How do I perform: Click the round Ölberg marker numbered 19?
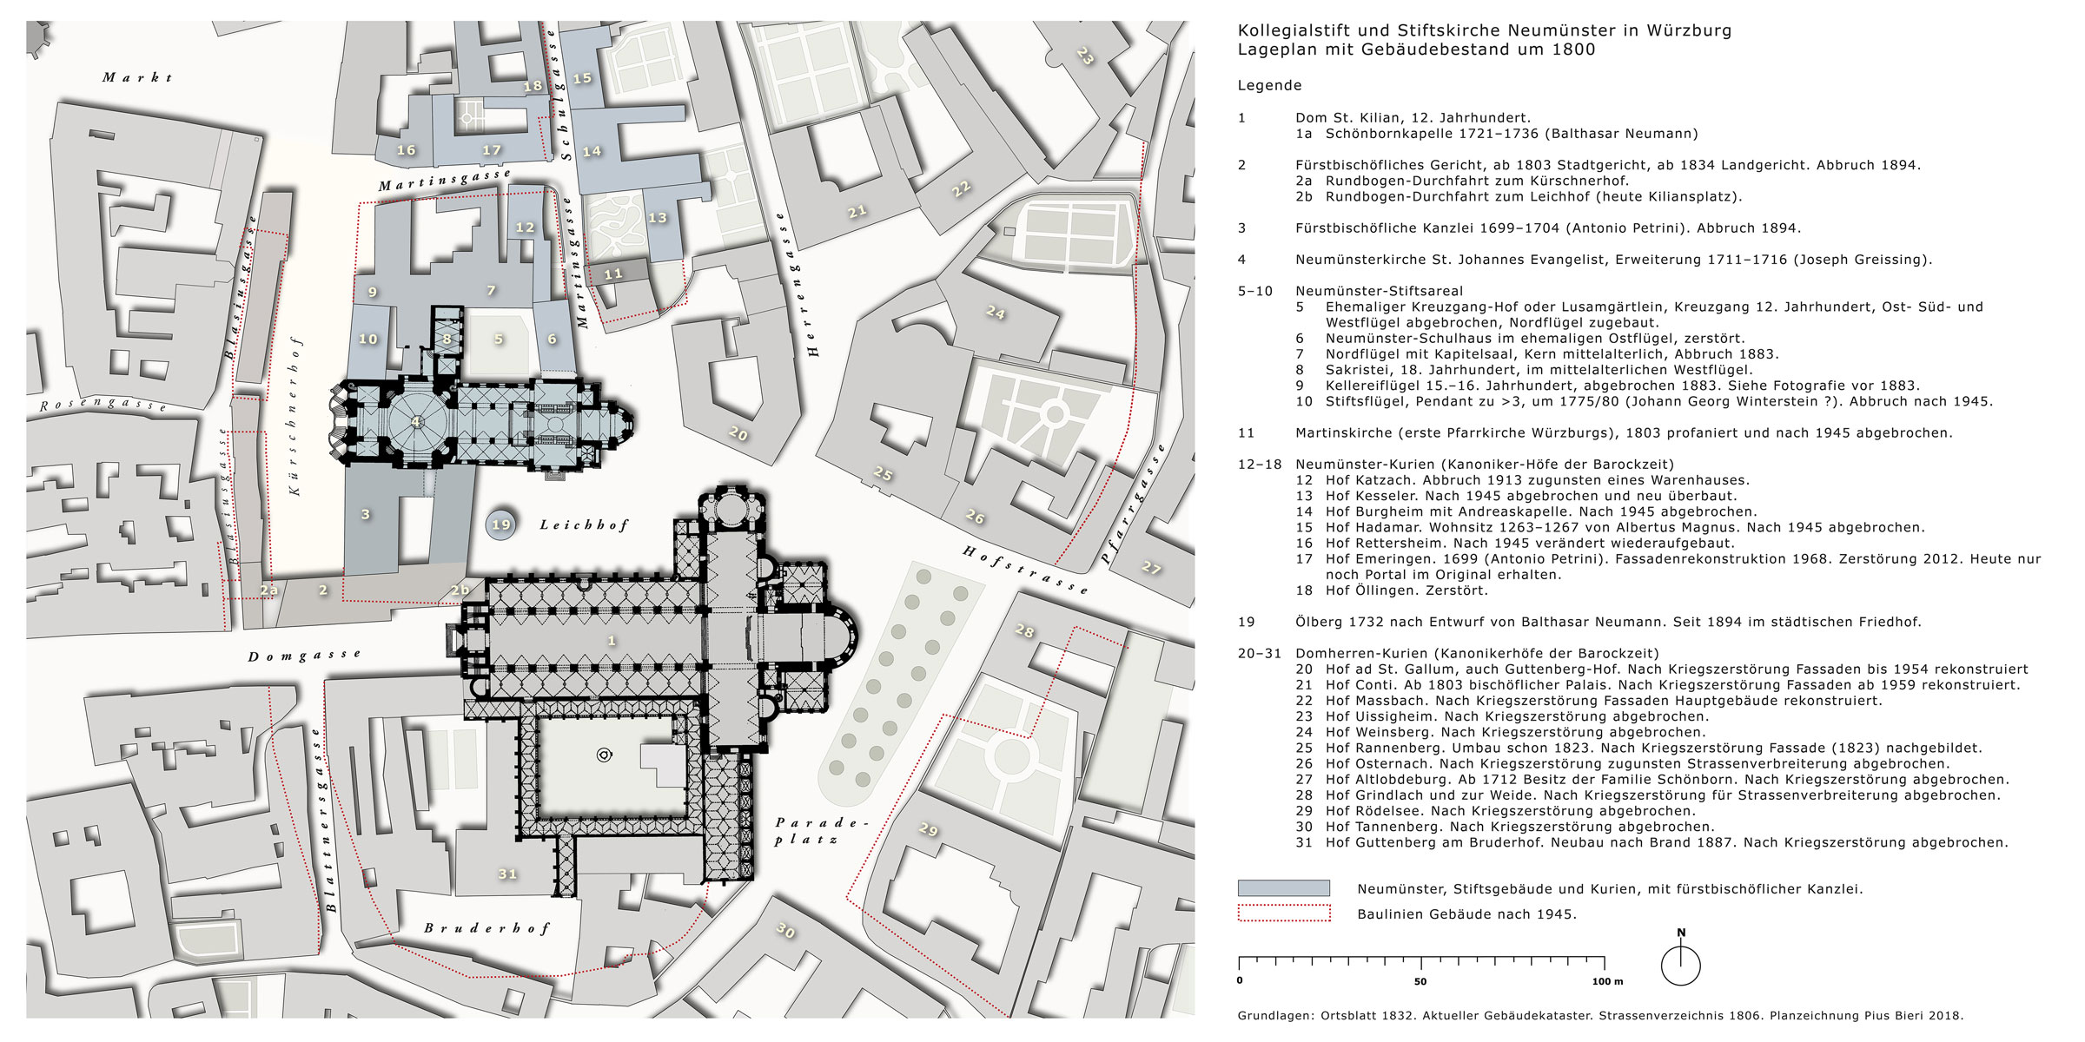point(501,524)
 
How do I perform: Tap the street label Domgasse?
point(304,656)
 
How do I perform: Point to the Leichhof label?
point(584,524)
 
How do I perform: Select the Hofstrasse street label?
point(1025,569)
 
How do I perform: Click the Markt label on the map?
point(137,77)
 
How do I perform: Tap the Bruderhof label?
point(486,928)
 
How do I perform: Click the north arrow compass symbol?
point(1680,964)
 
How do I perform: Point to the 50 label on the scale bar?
point(1420,981)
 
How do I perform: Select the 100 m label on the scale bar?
point(1607,981)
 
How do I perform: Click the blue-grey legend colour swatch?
point(1283,888)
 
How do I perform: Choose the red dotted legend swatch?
point(1283,913)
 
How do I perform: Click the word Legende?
point(1269,85)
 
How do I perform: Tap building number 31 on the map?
point(507,874)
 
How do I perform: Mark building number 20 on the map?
point(738,432)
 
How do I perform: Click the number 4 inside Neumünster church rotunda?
point(416,422)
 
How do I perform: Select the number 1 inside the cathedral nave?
point(612,641)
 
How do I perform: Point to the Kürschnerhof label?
point(295,417)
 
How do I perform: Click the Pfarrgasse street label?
point(1133,504)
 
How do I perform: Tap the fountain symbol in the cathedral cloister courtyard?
point(604,755)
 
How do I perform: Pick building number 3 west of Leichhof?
point(366,514)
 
